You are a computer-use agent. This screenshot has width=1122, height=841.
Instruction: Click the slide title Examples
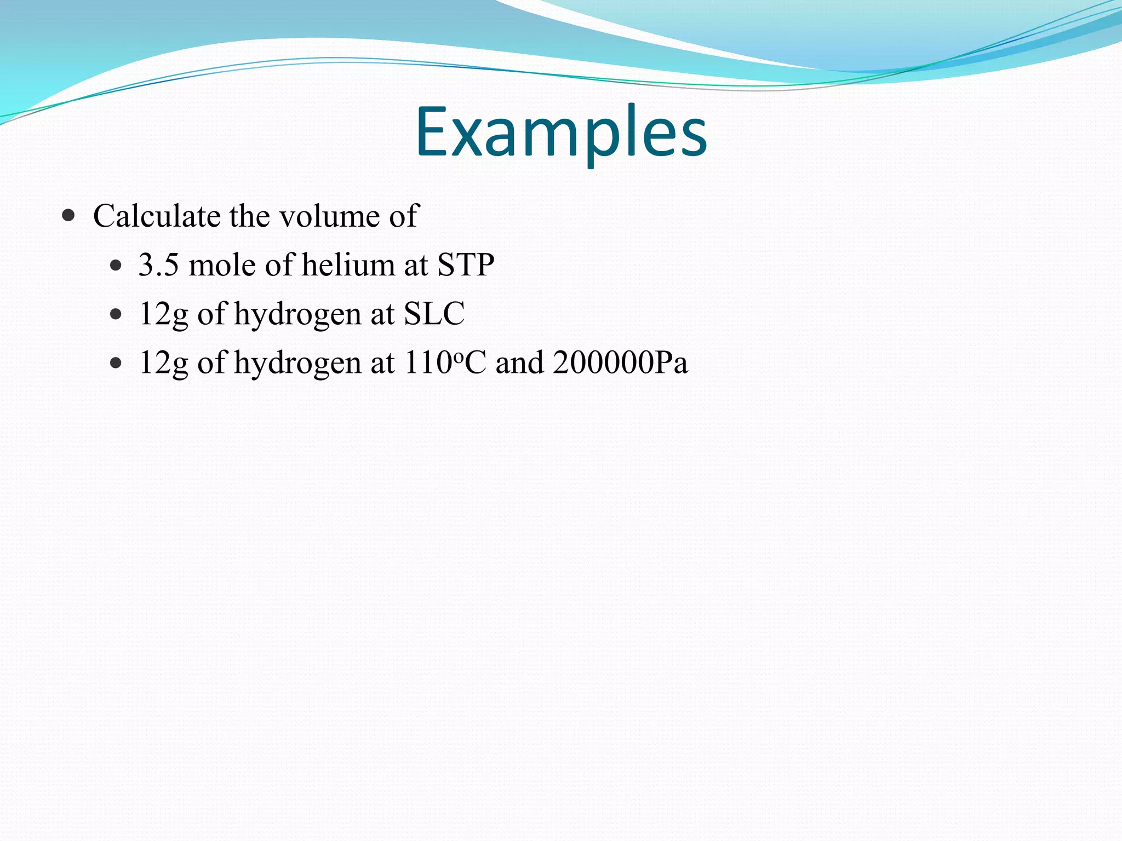(x=561, y=133)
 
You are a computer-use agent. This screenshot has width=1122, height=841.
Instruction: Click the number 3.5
(x=158, y=265)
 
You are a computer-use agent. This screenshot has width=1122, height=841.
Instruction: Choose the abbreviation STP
(x=466, y=265)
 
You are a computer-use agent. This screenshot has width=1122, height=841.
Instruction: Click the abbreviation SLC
(x=434, y=314)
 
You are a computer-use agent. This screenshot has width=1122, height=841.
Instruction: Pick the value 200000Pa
(x=620, y=362)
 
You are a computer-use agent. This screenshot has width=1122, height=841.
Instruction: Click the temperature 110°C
(x=444, y=362)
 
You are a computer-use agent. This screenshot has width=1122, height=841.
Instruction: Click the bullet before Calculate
(x=68, y=215)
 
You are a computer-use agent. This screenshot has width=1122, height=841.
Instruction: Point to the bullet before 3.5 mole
(x=115, y=266)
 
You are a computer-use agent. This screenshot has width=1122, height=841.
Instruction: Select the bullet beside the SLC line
(x=115, y=315)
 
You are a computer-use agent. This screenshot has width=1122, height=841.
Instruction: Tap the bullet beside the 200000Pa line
(x=115, y=363)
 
